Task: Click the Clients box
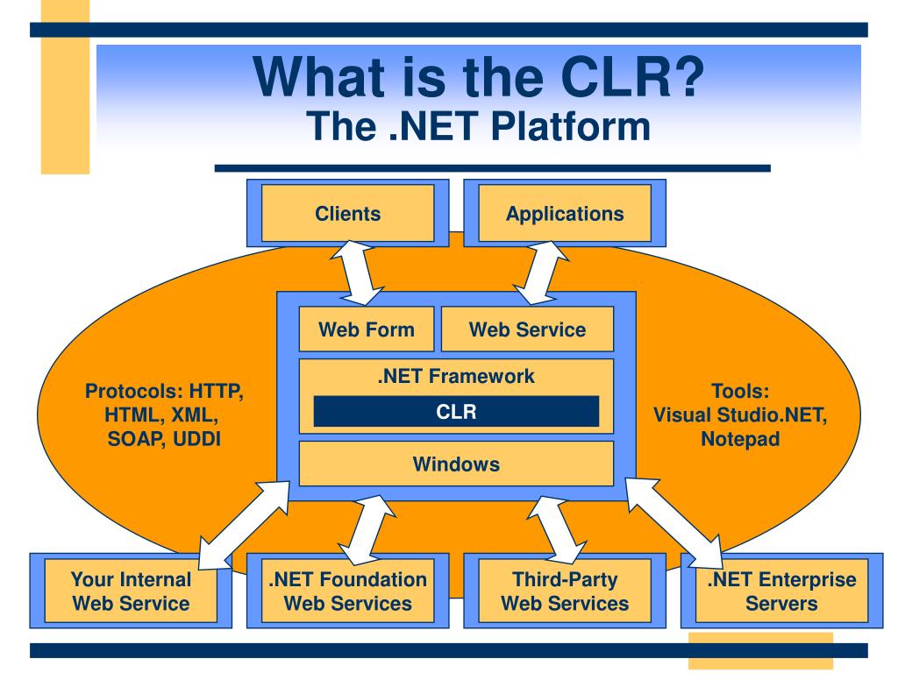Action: coord(347,213)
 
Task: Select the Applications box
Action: coord(565,213)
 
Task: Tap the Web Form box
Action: coord(367,329)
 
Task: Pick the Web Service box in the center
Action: coord(527,329)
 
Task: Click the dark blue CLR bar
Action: coord(456,412)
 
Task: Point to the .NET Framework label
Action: coord(456,376)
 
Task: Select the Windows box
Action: coord(456,464)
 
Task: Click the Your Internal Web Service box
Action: coord(131,591)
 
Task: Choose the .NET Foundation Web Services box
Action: coord(347,591)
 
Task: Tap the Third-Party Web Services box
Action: coord(565,591)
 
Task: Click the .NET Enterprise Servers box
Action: coord(781,591)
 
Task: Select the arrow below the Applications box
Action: coord(540,273)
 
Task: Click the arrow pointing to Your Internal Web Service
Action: coord(244,525)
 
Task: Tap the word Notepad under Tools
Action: coord(740,439)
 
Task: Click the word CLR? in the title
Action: coord(632,77)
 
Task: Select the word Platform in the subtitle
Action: coord(571,126)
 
